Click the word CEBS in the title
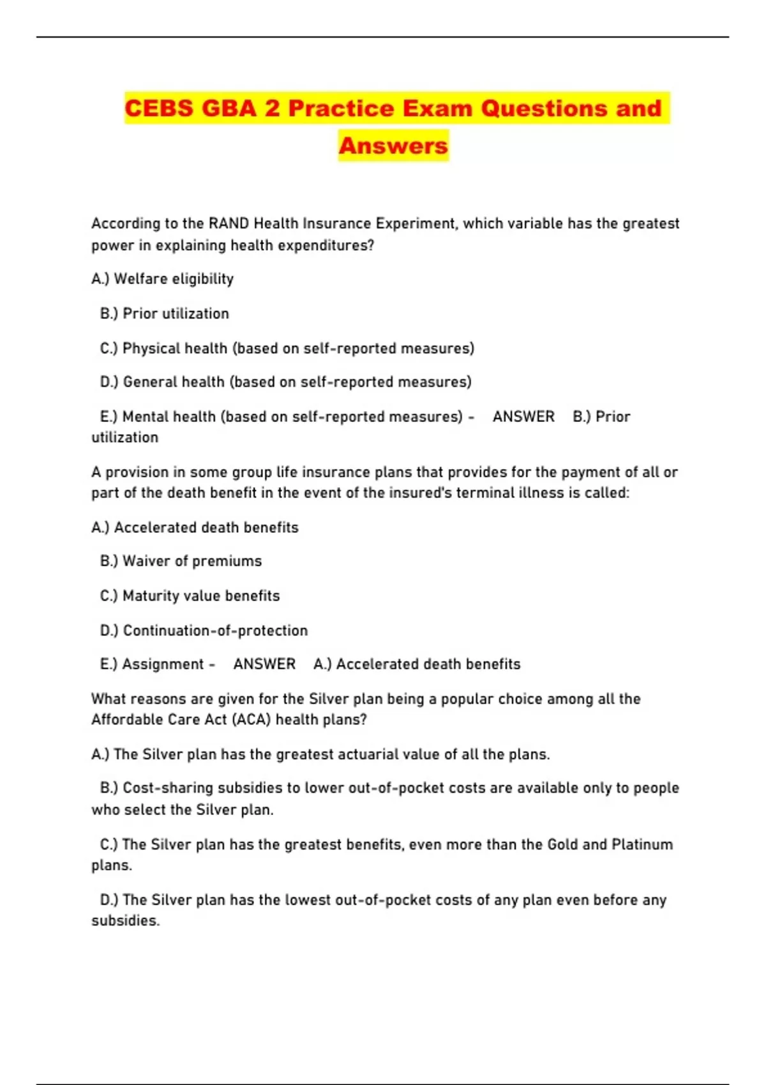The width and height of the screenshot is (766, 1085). pos(159,108)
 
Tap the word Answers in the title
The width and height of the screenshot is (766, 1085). pos(393,146)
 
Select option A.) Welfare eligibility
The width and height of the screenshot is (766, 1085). pos(163,279)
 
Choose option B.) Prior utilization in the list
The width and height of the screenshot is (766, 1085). pos(165,313)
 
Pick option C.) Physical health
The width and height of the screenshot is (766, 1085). pos(287,348)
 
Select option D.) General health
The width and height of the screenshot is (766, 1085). pos(286,382)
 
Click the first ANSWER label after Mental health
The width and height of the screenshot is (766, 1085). pos(523,417)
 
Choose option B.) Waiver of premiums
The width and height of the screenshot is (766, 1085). pos(181,561)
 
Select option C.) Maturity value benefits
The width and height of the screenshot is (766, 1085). pos(190,595)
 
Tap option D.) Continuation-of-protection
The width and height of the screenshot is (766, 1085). pos(204,631)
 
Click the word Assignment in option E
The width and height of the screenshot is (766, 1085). pos(163,664)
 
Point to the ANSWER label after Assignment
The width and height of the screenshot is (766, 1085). pos(264,664)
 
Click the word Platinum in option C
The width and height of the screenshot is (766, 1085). pos(642,844)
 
